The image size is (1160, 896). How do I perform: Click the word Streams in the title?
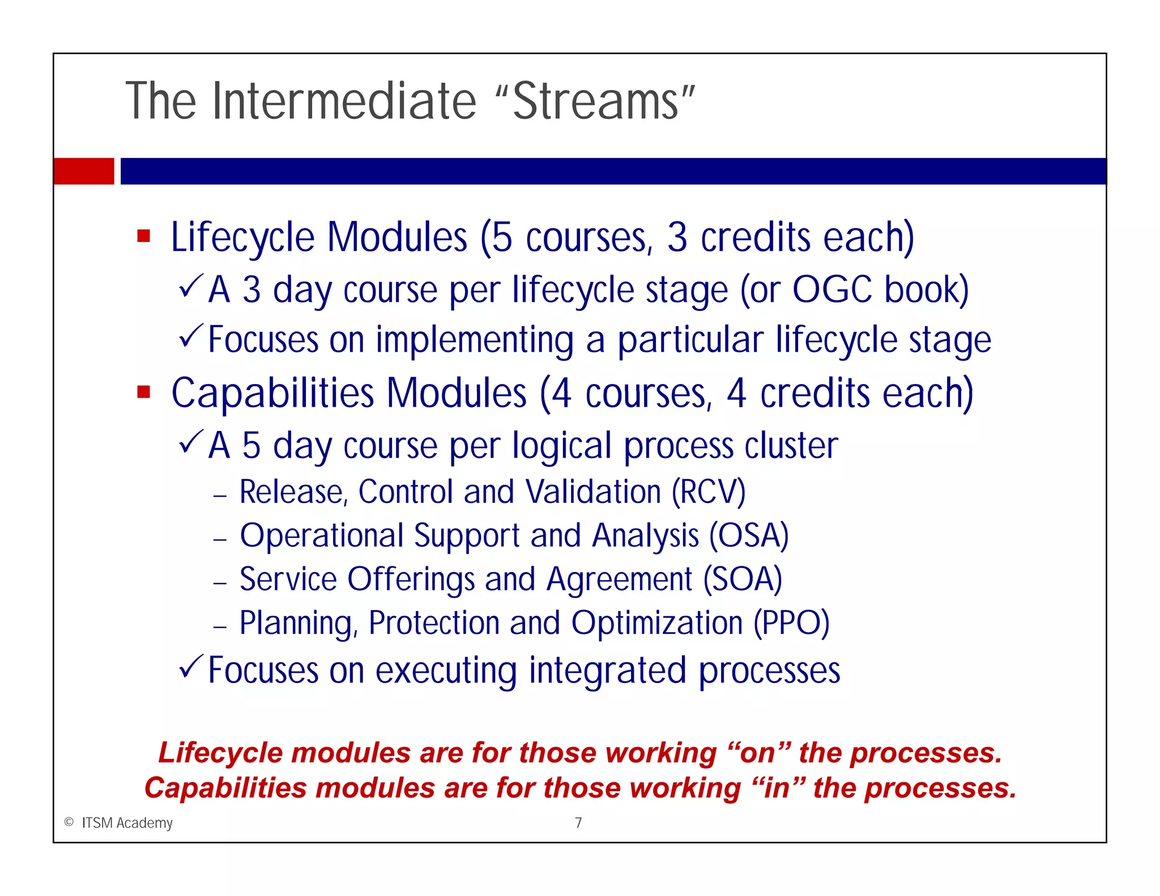(x=596, y=102)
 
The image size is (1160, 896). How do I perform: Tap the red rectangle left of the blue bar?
(x=84, y=171)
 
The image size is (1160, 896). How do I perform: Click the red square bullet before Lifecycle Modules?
(x=144, y=236)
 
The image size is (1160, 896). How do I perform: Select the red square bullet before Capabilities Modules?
(x=144, y=392)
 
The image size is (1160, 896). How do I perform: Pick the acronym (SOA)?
(x=743, y=579)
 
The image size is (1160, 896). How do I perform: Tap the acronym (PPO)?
(x=791, y=623)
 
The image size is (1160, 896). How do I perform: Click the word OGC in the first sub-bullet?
(x=831, y=290)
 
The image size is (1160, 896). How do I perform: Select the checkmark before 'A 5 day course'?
(x=191, y=442)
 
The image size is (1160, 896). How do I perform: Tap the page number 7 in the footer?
(x=578, y=822)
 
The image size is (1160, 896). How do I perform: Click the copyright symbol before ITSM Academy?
(x=69, y=822)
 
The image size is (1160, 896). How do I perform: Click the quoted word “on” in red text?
(x=758, y=753)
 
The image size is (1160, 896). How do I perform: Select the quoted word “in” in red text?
(x=777, y=788)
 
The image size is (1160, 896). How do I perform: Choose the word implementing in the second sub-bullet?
(x=475, y=340)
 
